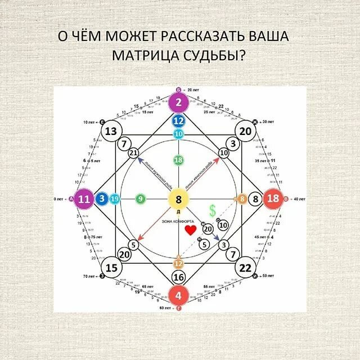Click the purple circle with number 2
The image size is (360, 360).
pyautogui.click(x=179, y=102)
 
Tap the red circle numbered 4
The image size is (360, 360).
pyautogui.click(x=179, y=295)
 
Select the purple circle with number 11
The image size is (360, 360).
pyautogui.click(x=85, y=199)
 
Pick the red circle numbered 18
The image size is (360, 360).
pyautogui.click(x=273, y=199)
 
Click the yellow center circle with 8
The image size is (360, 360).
pyautogui.click(x=179, y=199)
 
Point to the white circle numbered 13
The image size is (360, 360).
pyautogui.click(x=111, y=131)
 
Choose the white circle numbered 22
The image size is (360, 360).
pyautogui.click(x=245, y=267)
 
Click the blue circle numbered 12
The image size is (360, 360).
pyautogui.click(x=179, y=120)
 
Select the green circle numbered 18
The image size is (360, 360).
pyautogui.click(x=179, y=160)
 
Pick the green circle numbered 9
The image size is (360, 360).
pyautogui.click(x=140, y=199)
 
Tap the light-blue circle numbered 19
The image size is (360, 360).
pyautogui.click(x=115, y=199)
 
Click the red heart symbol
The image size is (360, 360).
pyautogui.click(x=191, y=229)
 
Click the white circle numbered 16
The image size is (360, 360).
pyautogui.click(x=179, y=277)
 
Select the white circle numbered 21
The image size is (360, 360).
pyautogui.click(x=133, y=153)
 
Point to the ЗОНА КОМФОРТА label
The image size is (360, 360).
pyautogui.click(x=179, y=220)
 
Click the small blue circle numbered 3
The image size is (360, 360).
pyautogui.click(x=102, y=199)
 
